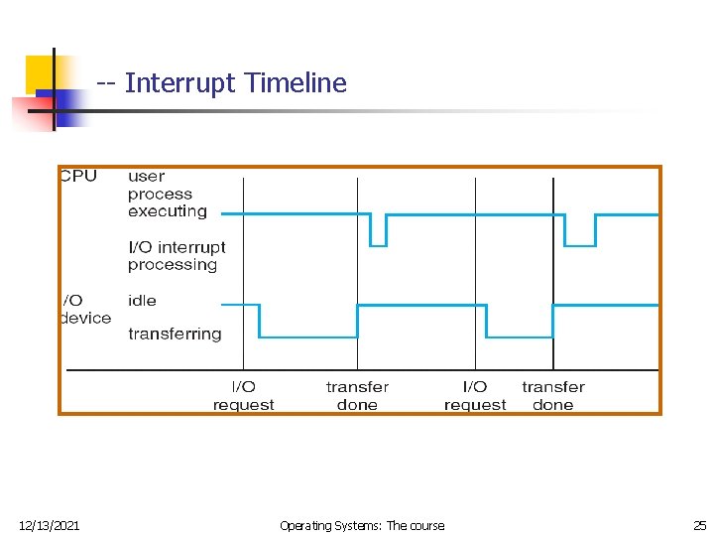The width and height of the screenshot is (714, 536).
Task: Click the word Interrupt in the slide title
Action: point(180,83)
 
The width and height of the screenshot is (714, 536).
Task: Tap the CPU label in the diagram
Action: point(78,177)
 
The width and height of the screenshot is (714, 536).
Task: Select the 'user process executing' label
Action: point(167,194)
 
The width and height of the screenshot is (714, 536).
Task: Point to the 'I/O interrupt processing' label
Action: point(177,256)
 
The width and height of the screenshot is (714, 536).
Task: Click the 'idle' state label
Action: point(142,301)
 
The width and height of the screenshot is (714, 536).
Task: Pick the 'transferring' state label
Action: point(175,335)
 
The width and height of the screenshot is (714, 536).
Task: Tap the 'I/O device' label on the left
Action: point(85,309)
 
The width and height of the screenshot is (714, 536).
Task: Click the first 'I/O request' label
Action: point(243,396)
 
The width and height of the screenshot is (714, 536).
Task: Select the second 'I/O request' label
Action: point(475,396)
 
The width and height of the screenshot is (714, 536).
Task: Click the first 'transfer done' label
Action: point(357,396)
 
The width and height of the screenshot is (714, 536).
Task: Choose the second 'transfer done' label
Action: point(553,396)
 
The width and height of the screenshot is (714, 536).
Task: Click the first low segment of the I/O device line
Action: point(307,337)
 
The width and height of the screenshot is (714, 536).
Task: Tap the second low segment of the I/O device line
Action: point(519,337)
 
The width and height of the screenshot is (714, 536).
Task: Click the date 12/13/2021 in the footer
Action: point(50,525)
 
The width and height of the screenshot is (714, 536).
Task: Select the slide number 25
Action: point(699,525)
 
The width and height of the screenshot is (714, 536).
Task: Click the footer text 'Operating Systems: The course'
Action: point(362,525)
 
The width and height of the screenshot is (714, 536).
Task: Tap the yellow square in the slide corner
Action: point(40,72)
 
